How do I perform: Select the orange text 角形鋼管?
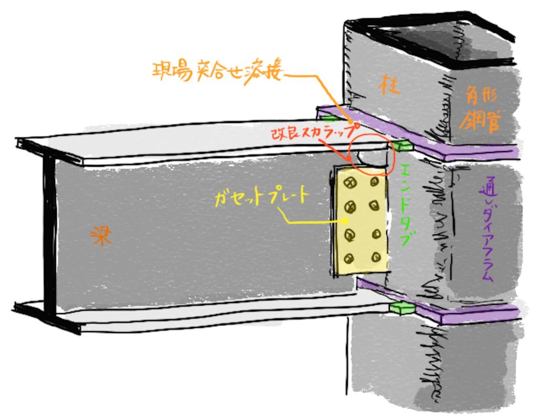480,107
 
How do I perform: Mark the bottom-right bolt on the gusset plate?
376,257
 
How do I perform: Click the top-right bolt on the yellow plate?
375,182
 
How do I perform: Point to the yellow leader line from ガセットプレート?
310,222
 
